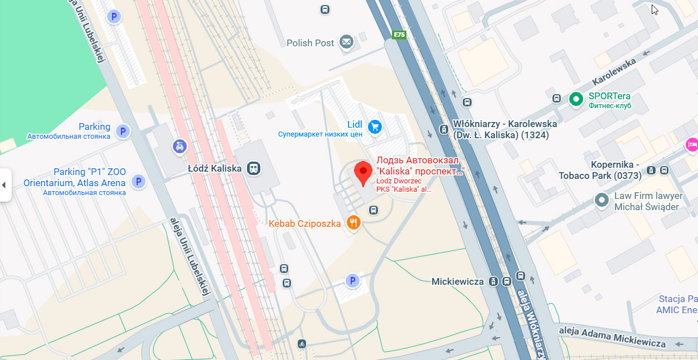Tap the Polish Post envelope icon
click(347, 42)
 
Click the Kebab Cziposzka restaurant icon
click(353, 223)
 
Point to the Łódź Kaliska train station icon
click(254, 168)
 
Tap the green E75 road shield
click(399, 35)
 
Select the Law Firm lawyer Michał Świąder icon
click(601, 200)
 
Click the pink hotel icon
click(692, 144)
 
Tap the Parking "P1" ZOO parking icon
click(138, 181)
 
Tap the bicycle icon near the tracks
click(302, 344)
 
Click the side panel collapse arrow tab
click(5, 184)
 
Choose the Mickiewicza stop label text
click(457, 281)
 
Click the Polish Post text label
click(310, 43)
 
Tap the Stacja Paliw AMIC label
click(677, 304)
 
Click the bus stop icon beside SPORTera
click(556, 99)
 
